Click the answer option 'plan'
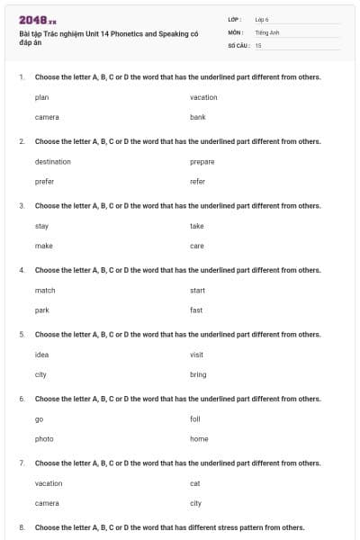click(41, 97)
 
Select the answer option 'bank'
click(198, 117)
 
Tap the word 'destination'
click(52, 162)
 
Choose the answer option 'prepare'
click(202, 162)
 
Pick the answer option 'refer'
click(198, 181)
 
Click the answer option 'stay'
click(41, 226)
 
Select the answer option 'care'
click(197, 246)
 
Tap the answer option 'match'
click(45, 291)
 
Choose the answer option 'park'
click(41, 310)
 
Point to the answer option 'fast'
click(196, 310)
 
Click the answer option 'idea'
click(41, 355)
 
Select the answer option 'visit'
click(196, 355)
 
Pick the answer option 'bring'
click(198, 374)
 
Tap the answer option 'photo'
click(44, 439)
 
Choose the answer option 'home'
click(199, 439)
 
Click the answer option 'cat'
click(194, 483)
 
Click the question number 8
click(22, 527)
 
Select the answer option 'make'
click(43, 246)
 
